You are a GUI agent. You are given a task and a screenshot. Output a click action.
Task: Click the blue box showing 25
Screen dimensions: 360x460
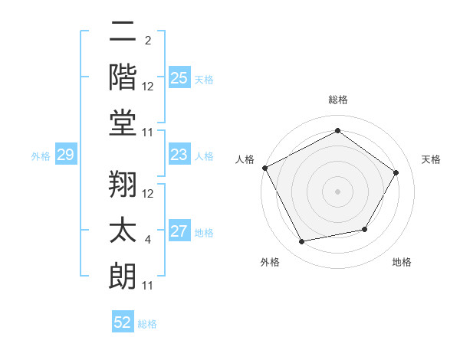click(179, 78)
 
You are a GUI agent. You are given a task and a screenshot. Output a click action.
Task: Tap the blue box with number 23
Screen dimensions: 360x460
click(179, 155)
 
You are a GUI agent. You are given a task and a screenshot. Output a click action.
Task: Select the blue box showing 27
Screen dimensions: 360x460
click(179, 232)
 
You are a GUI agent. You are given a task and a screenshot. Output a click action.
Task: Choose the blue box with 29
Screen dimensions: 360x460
click(65, 155)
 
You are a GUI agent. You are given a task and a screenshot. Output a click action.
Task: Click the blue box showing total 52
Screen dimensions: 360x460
click(123, 322)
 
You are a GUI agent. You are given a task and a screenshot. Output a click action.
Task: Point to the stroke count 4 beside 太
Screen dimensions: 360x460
click(148, 241)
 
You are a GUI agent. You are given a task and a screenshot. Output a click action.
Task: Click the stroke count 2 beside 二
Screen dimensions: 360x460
click(148, 39)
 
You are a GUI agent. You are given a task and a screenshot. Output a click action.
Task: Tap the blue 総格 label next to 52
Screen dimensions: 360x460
click(147, 323)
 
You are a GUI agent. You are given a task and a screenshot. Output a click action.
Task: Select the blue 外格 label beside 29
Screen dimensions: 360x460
click(41, 156)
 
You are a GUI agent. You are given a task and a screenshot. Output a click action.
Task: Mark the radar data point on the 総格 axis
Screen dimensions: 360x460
click(337, 131)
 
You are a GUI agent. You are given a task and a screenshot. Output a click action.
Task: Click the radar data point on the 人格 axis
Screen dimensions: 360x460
click(264, 167)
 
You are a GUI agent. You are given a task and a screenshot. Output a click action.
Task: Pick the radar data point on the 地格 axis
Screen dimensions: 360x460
click(365, 229)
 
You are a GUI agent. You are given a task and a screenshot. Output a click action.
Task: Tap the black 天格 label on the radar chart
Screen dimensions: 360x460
click(432, 159)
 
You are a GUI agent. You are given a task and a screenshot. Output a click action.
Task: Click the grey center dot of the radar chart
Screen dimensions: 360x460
click(337, 191)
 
